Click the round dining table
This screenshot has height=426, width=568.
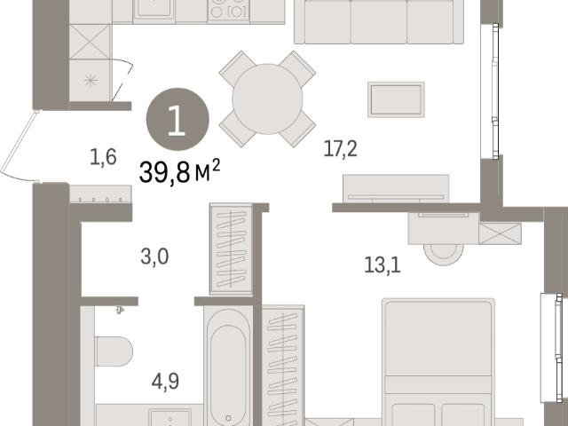point(267,99)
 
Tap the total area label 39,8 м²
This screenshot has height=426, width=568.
point(179,171)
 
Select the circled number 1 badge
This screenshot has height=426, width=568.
point(177,119)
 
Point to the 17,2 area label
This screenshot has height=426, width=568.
point(340,149)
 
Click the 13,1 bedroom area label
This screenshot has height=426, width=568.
point(383,265)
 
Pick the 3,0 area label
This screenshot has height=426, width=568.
point(154,256)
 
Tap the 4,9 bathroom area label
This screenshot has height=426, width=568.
point(165,382)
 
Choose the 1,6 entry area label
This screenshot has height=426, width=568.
point(103,157)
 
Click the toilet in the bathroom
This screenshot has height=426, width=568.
point(114,351)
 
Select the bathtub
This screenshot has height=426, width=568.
point(228,366)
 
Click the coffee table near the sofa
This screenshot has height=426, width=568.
point(396,99)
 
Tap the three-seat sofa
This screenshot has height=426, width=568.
point(379,21)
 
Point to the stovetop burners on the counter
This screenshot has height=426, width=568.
point(229,10)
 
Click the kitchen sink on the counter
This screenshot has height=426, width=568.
point(154,10)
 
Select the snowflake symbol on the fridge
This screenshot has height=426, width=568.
point(91,81)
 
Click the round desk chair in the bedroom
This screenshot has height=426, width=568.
point(444,255)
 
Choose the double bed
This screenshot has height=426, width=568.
point(438,362)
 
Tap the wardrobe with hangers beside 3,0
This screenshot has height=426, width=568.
point(231,249)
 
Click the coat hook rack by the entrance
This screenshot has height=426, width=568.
point(100,194)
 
